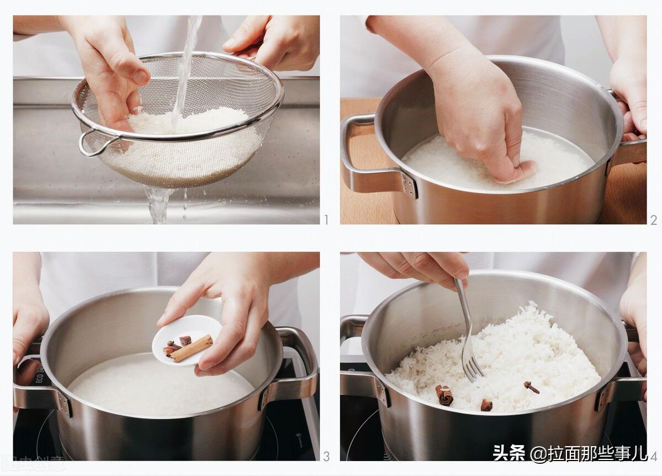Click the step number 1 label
[326, 220]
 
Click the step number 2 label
[653, 220]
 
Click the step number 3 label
[326, 456]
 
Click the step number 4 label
[653, 456]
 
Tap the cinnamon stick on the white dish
[191, 348]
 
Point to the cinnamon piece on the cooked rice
[444, 395]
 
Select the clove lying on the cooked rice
[532, 388]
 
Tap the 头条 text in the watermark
[509, 453]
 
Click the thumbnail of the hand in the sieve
[110, 72]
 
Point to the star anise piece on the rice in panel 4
[486, 405]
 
